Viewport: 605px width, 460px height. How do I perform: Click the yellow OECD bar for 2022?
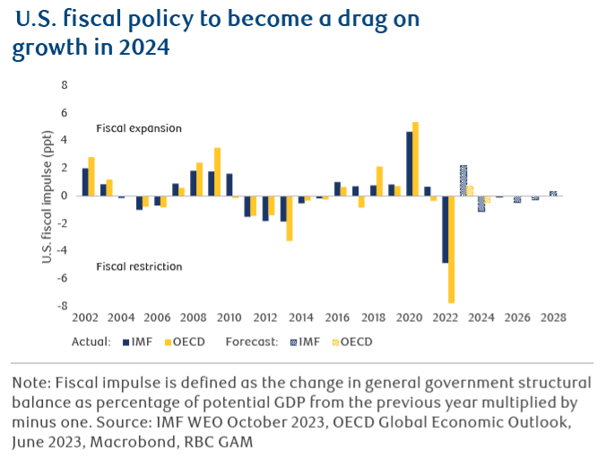coord(452,249)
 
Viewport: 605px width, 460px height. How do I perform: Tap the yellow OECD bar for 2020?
coord(415,159)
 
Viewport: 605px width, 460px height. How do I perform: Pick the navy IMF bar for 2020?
coord(409,163)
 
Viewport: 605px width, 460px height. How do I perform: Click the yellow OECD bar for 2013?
coord(290,218)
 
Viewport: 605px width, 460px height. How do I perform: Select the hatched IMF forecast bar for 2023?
coord(462,180)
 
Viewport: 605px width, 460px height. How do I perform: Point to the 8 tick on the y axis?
coord(65,85)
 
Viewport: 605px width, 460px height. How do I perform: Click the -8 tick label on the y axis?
coord(63,306)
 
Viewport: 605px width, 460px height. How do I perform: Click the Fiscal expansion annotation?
coord(139,128)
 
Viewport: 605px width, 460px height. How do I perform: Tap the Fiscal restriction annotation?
coord(139,266)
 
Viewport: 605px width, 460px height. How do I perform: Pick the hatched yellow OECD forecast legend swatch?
coord(333,342)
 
